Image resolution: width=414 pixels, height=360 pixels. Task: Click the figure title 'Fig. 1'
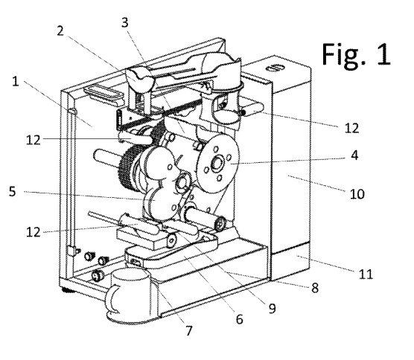point(356,54)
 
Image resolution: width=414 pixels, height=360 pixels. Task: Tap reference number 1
point(16,82)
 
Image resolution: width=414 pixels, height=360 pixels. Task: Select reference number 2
point(60,30)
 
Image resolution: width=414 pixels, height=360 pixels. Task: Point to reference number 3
point(125,22)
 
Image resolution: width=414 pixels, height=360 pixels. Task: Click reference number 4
point(355,155)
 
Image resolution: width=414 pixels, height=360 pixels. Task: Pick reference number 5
point(13,191)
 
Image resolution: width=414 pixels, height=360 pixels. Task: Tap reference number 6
point(239,319)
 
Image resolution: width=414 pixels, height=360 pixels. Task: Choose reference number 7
point(188,331)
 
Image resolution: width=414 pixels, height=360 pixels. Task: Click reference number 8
point(315,288)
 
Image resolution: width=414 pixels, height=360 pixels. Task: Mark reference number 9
point(273,309)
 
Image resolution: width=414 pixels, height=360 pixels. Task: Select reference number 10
point(357,194)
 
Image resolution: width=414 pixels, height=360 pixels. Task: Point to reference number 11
point(366,274)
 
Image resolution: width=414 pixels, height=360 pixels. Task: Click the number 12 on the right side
point(352,128)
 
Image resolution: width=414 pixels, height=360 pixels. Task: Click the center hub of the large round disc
point(217,164)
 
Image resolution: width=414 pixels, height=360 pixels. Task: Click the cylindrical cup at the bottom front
point(130,293)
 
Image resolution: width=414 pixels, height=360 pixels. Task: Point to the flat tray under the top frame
point(104,94)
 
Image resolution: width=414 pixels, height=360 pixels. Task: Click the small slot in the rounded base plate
point(136,263)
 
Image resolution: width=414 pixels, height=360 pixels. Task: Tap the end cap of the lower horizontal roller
point(220,224)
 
